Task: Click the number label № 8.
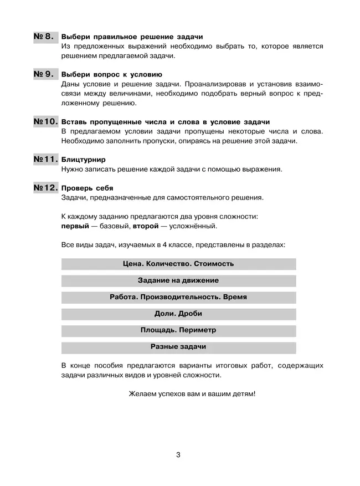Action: tap(45, 37)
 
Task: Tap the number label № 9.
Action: tap(45, 74)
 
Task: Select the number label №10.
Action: tap(45, 121)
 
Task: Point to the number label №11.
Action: tap(45, 159)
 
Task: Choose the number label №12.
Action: tap(45, 187)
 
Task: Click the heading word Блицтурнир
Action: tap(83, 160)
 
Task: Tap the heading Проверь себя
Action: tap(88, 188)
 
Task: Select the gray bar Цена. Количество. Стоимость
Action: tap(178, 264)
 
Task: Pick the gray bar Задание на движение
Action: tap(178, 280)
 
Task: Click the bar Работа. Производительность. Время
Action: tap(178, 297)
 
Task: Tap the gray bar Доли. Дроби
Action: tap(178, 314)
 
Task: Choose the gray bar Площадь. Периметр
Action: tap(178, 330)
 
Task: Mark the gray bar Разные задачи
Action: tap(178, 347)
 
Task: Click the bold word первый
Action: tap(75, 226)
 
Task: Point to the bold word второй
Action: tap(146, 226)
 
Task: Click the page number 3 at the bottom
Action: tap(178, 455)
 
